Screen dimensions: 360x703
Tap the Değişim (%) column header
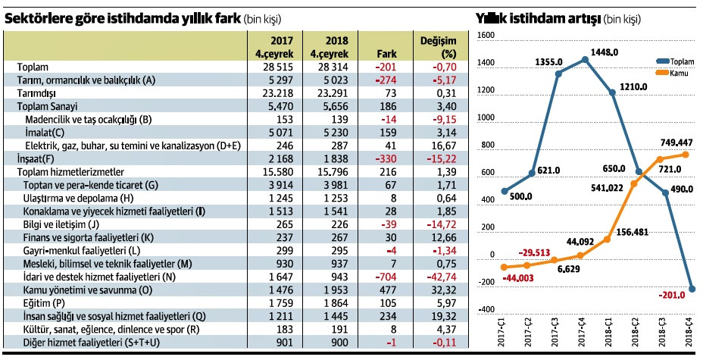click(438, 47)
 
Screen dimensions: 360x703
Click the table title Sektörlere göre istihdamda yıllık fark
click(122, 17)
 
